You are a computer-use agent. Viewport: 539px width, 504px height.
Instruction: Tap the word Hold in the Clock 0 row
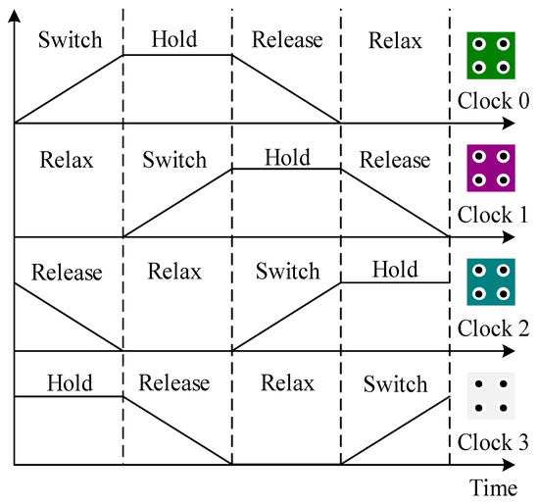175,38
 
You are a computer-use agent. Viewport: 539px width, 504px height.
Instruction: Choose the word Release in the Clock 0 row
286,40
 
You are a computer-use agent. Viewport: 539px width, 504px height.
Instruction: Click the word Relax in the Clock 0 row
395,40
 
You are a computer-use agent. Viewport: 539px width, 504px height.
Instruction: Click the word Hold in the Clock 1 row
287,156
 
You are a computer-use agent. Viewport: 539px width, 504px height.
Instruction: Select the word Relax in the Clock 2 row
175,271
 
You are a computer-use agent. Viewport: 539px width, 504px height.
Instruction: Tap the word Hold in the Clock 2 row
396,270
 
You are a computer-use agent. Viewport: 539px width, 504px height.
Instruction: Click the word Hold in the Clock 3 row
67,382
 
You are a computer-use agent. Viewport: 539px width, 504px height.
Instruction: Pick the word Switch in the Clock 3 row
396,383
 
